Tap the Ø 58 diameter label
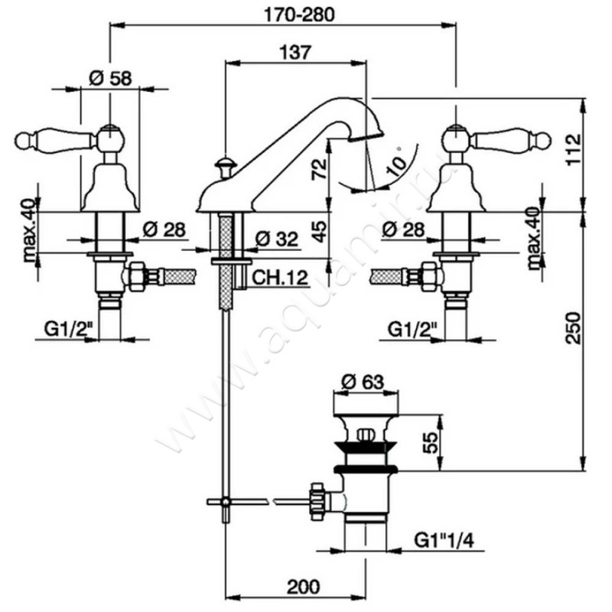tap(110, 77)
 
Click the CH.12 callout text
tap(275, 280)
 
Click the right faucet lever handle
tap(511, 140)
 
